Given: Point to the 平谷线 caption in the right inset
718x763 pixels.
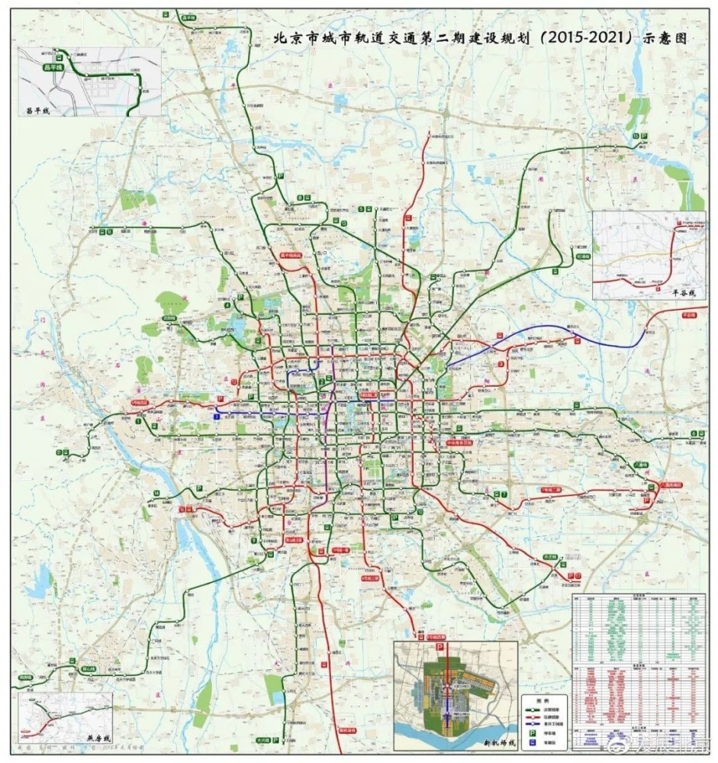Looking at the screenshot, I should tap(685, 291).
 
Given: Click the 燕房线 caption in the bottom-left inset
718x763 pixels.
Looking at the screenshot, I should tap(98, 739).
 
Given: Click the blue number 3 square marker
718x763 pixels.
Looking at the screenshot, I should tap(217, 417).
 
